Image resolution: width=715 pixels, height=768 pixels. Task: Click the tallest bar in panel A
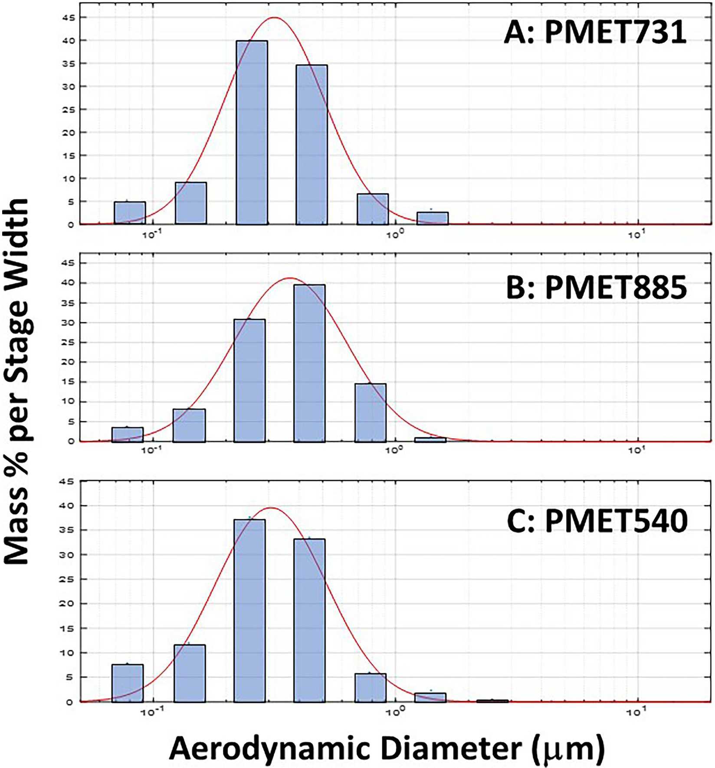point(252,132)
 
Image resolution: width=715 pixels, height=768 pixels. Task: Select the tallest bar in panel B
point(309,363)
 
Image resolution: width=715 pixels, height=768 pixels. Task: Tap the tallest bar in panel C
point(249,610)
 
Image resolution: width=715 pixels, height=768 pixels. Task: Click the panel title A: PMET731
point(595,32)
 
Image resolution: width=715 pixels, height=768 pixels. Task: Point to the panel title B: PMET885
point(597,287)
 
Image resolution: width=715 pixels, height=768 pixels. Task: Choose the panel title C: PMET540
point(597,520)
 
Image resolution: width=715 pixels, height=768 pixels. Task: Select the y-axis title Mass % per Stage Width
point(16,382)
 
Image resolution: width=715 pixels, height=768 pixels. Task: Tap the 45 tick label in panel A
point(69,18)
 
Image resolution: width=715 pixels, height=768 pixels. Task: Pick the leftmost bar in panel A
point(130,213)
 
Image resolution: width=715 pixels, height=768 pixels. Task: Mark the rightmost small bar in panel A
point(433,218)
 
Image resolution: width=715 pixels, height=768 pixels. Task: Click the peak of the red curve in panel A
point(274,18)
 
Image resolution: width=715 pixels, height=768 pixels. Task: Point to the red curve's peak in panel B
point(290,278)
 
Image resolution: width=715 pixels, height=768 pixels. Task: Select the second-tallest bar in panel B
point(249,380)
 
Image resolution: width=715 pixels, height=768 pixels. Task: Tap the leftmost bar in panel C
point(128,683)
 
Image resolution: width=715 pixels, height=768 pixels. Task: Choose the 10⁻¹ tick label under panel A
point(151,235)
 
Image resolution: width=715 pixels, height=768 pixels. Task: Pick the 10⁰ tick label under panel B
point(394,450)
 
